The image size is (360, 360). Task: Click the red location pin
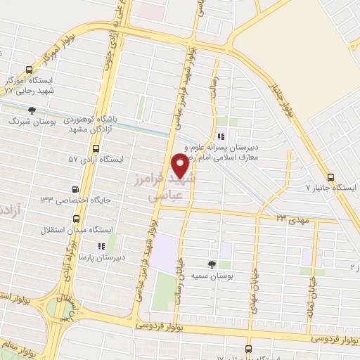tap(181, 166)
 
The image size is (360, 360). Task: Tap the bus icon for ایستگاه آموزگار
tap(29, 70)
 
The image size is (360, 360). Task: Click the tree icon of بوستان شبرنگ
tap(32, 110)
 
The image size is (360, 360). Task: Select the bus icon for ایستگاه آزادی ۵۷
tap(96, 148)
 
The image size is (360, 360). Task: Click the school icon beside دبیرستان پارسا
tap(101, 246)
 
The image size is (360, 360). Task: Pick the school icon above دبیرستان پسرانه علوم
tap(221, 137)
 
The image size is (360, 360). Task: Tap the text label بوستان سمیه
tap(193, 276)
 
